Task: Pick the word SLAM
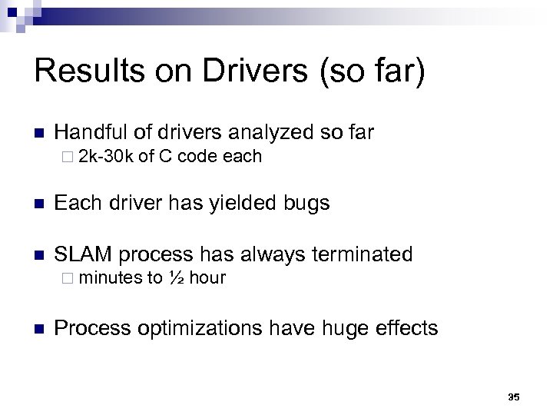click(x=83, y=254)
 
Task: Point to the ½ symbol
click(x=174, y=277)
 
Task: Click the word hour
click(x=207, y=277)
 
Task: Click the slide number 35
click(x=514, y=397)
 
